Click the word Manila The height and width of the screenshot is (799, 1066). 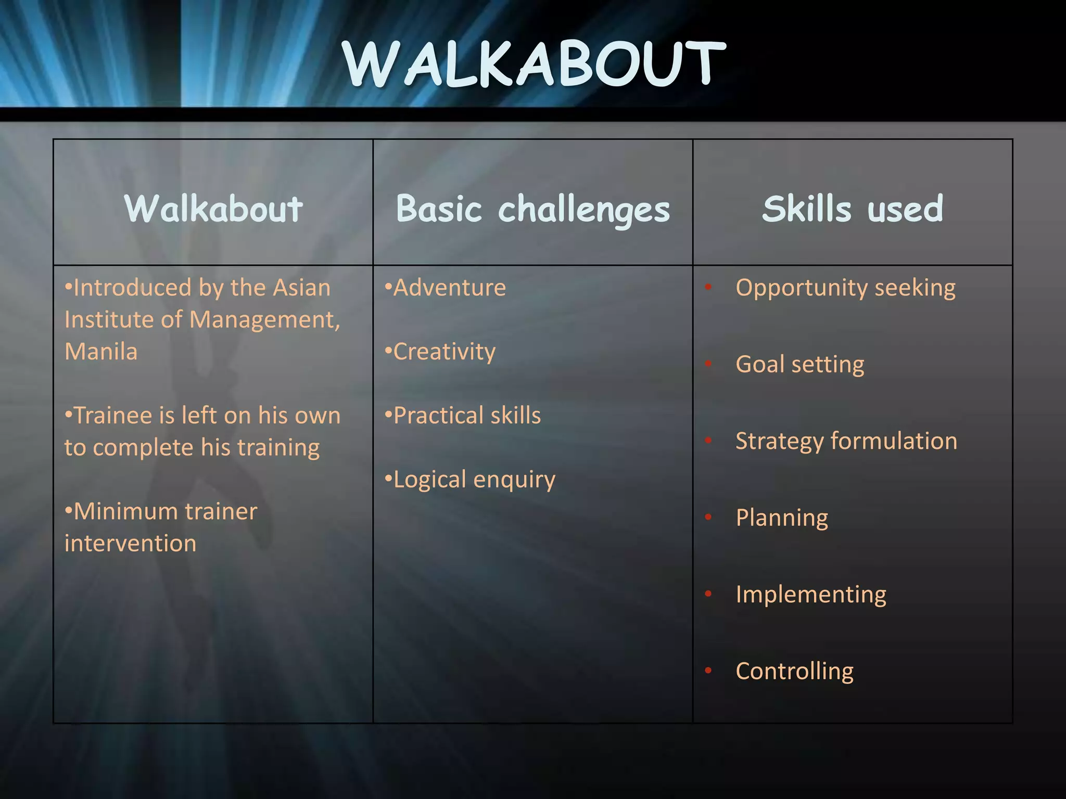101,352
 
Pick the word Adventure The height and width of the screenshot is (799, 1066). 449,288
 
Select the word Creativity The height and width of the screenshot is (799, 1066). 444,352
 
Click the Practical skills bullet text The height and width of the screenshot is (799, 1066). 467,416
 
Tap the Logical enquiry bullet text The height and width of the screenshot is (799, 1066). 474,480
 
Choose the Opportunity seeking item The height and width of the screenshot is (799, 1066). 845,288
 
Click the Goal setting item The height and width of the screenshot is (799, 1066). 799,364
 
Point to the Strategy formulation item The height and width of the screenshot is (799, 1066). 846,441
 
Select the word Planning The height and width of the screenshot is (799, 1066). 782,518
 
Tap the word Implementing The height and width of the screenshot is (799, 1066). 810,594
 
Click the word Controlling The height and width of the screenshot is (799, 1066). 794,671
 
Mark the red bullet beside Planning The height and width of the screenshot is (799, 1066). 708,517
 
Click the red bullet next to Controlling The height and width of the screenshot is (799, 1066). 708,671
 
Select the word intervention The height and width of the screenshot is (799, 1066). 131,544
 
